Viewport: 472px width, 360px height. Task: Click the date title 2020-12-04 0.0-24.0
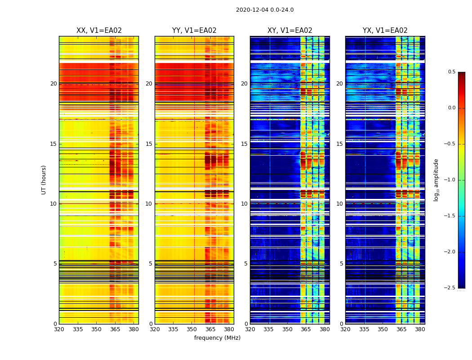(x=265, y=10)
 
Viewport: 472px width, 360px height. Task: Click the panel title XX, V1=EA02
(x=99, y=31)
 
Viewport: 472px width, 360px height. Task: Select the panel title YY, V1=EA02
(x=194, y=31)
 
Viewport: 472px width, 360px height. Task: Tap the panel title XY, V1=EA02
(x=289, y=31)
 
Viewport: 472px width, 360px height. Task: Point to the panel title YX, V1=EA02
(x=385, y=31)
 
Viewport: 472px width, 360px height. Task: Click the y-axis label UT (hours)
(x=44, y=180)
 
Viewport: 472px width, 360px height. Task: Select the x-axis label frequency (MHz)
(x=217, y=338)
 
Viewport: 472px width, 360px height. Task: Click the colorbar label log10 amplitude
(x=436, y=180)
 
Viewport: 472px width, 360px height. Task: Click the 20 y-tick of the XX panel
(x=53, y=84)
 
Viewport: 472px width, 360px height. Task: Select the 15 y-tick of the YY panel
(x=149, y=144)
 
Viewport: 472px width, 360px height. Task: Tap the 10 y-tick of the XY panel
(x=245, y=204)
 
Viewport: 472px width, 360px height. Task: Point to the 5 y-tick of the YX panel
(x=341, y=264)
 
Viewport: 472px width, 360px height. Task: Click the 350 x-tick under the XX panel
(x=96, y=329)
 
